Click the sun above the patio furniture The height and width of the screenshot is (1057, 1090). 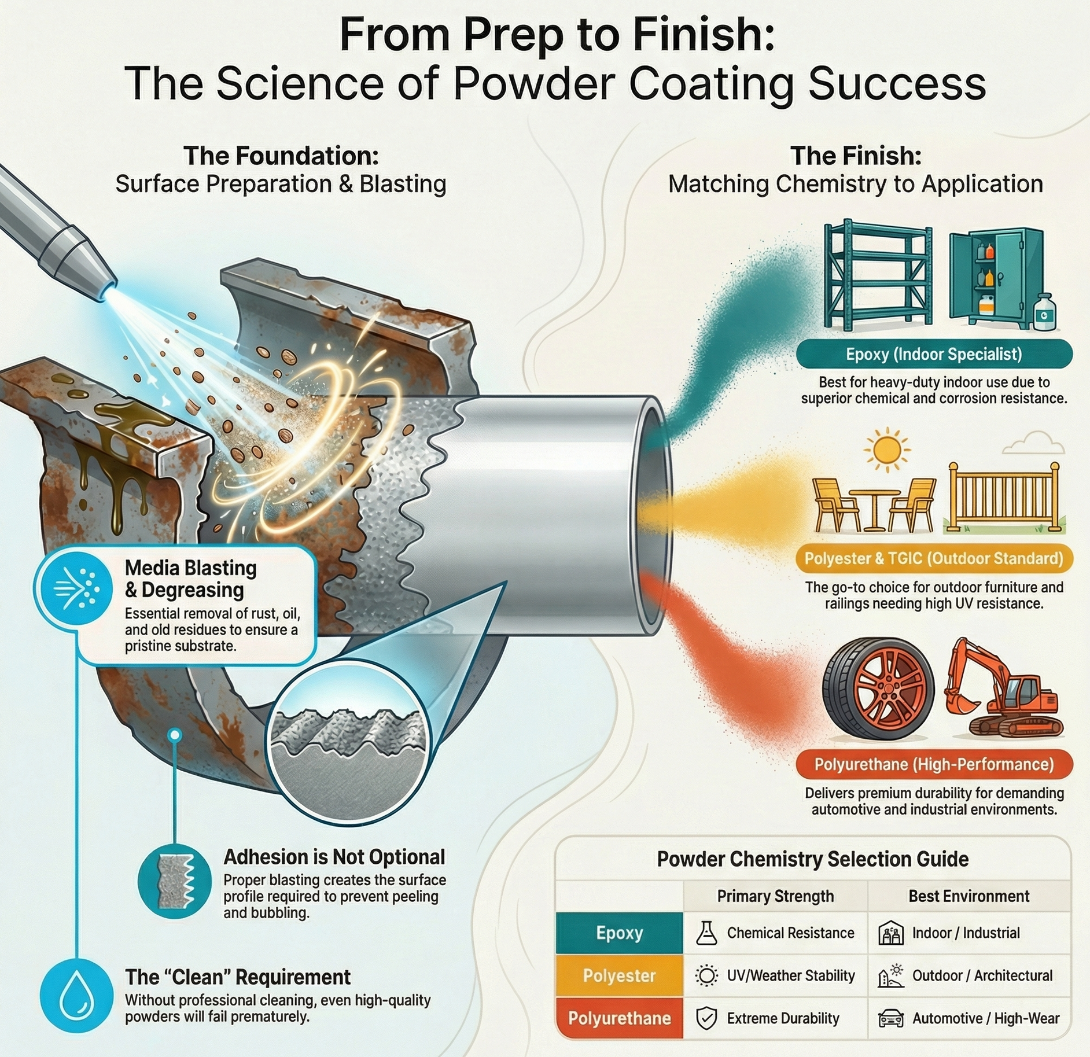(886, 450)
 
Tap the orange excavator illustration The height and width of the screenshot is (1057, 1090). (1004, 688)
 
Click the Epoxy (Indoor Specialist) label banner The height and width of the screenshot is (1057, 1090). (934, 354)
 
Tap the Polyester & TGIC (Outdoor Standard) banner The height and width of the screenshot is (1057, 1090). (934, 559)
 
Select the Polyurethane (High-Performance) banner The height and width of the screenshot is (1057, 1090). (934, 764)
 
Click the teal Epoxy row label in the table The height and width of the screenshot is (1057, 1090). (619, 933)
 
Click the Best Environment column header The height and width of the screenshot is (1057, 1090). (969, 896)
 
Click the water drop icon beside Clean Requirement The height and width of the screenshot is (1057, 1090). (76, 996)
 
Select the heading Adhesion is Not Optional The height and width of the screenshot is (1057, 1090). (334, 857)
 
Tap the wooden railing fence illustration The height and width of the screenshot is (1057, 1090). (1004, 498)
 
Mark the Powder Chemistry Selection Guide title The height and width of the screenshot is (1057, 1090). (812, 859)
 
